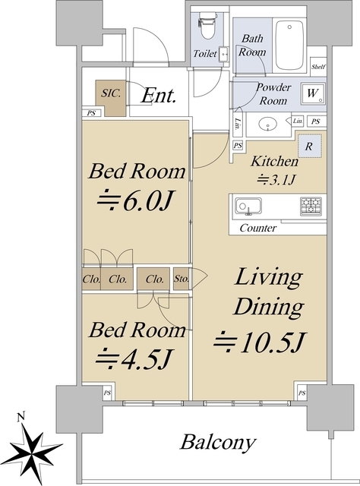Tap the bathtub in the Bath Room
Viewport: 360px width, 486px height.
pyautogui.click(x=289, y=46)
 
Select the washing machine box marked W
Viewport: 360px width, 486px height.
pyautogui.click(x=313, y=93)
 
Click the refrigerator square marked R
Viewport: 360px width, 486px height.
pyautogui.click(x=309, y=146)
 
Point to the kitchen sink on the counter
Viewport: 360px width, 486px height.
pyautogui.click(x=248, y=207)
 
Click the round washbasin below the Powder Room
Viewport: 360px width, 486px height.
pyautogui.click(x=267, y=124)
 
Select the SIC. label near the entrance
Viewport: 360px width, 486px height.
pyautogui.click(x=112, y=93)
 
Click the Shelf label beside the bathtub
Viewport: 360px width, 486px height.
pyautogui.click(x=318, y=67)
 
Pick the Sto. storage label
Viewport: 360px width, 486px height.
pyautogui.click(x=182, y=279)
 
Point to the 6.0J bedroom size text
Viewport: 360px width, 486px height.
pyautogui.click(x=135, y=202)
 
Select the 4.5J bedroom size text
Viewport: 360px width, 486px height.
pyautogui.click(x=134, y=359)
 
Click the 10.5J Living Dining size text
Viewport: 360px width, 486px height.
pyautogui.click(x=261, y=342)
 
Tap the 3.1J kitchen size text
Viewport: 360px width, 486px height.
pyautogui.click(x=276, y=179)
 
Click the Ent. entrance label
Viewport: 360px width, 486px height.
pyautogui.click(x=159, y=95)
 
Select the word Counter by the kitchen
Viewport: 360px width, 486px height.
pyautogui.click(x=258, y=228)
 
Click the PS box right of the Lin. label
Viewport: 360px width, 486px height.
pyautogui.click(x=315, y=121)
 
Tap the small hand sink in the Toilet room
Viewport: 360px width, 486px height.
pyautogui.click(x=223, y=54)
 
